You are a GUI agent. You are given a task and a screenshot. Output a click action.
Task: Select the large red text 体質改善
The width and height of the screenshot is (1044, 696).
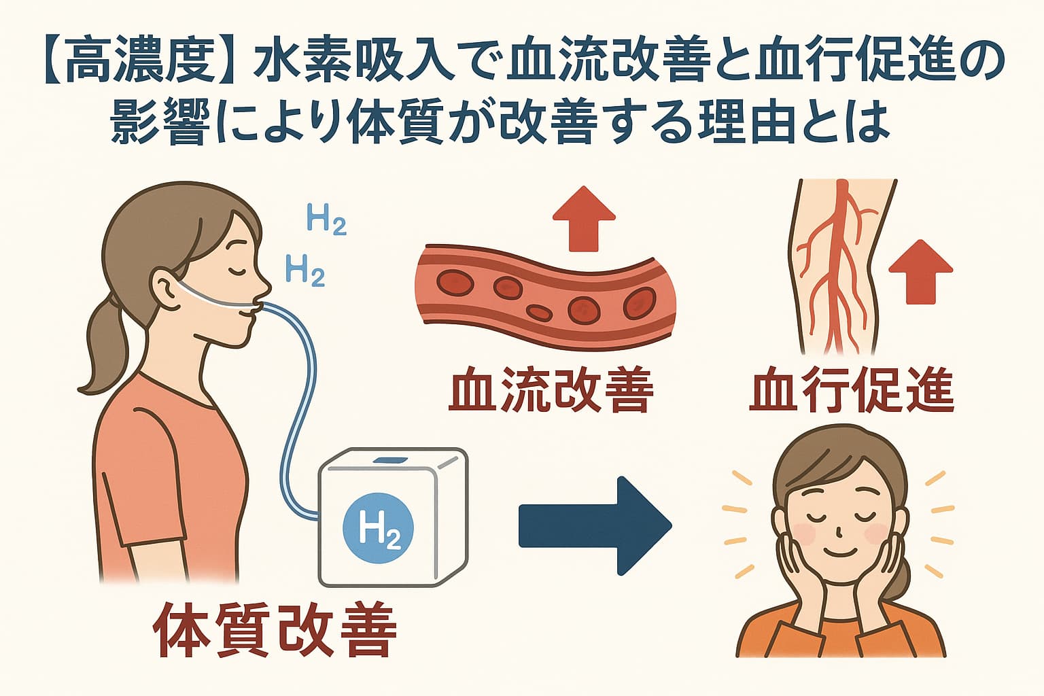[275, 629]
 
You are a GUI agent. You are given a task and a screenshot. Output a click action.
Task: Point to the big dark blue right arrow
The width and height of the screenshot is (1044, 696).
[595, 525]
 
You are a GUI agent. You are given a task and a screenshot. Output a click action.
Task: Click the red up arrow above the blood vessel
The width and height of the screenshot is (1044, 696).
[584, 219]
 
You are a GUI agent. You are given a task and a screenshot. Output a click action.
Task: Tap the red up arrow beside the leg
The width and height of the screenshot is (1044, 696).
[921, 272]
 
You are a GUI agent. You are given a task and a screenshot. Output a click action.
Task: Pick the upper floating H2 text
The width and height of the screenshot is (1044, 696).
[326, 220]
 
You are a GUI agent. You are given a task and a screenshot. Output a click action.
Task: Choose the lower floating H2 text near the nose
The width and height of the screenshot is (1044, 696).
[304, 271]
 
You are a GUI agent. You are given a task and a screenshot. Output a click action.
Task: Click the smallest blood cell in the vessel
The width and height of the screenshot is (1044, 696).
[540, 313]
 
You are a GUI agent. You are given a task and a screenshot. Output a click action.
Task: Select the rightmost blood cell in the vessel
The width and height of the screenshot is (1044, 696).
[640, 302]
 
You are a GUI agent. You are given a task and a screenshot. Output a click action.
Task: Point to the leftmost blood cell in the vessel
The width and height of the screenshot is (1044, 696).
[455, 281]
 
